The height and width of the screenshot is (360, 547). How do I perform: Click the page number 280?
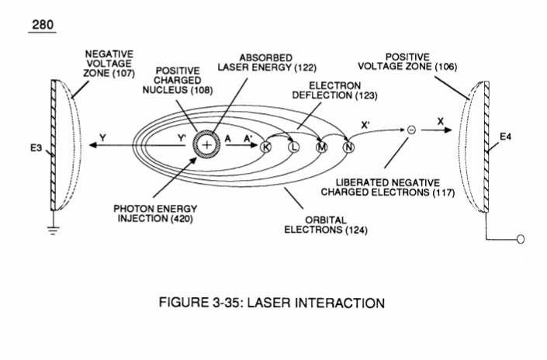(x=43, y=25)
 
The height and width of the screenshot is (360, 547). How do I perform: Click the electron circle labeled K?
(x=266, y=147)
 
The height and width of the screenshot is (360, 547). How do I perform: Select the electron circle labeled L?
(x=294, y=147)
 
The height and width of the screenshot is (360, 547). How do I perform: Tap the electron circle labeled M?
(x=321, y=147)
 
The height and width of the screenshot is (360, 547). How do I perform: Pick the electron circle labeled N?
(x=348, y=147)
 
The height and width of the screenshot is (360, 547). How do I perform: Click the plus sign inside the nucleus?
(x=207, y=145)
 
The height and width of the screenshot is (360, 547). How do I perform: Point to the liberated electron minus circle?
(x=412, y=130)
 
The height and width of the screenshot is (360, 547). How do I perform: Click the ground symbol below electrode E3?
(x=53, y=230)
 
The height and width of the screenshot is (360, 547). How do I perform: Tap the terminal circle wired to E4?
(x=521, y=239)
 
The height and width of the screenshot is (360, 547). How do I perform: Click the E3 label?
(x=36, y=148)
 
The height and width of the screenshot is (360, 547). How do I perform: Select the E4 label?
(x=505, y=137)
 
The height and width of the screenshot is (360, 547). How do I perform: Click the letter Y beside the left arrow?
(x=102, y=138)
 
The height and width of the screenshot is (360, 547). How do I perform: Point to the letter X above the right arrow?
(x=441, y=121)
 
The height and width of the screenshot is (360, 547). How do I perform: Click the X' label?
(x=365, y=125)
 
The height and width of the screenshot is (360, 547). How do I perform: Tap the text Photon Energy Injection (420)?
(x=155, y=214)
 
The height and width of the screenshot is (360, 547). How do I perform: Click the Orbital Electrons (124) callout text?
(x=326, y=225)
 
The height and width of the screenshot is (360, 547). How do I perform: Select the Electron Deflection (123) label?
(x=335, y=90)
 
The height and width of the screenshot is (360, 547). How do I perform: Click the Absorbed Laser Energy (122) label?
(x=267, y=63)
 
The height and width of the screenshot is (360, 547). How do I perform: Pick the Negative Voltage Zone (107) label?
(x=109, y=64)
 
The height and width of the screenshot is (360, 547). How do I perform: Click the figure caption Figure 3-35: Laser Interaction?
(x=272, y=303)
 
